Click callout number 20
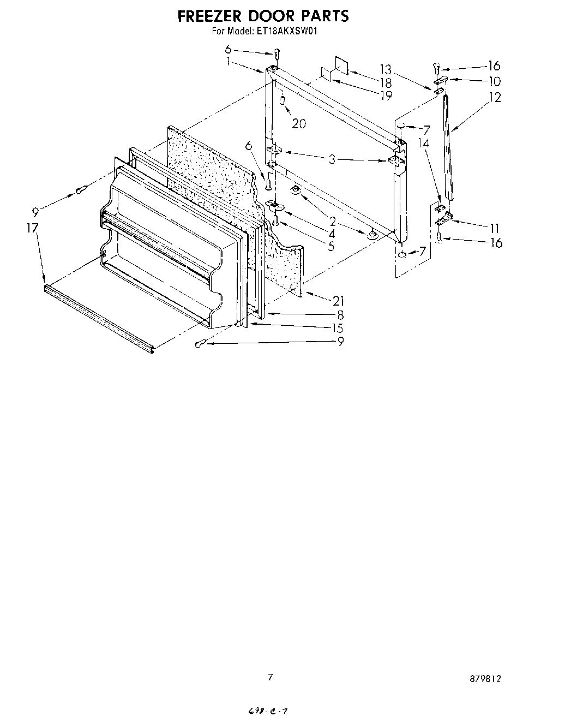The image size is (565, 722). [298, 124]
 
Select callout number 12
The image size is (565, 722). [495, 98]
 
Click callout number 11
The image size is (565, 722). [494, 228]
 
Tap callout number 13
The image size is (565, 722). [386, 69]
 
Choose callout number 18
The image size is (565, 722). [386, 83]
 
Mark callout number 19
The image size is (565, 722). [386, 96]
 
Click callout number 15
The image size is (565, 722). [338, 328]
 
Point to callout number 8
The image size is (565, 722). [340, 315]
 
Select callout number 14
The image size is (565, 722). [424, 143]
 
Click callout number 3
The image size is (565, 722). [332, 159]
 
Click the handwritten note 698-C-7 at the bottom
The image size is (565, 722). [267, 711]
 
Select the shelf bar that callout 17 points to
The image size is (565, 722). [98, 317]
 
